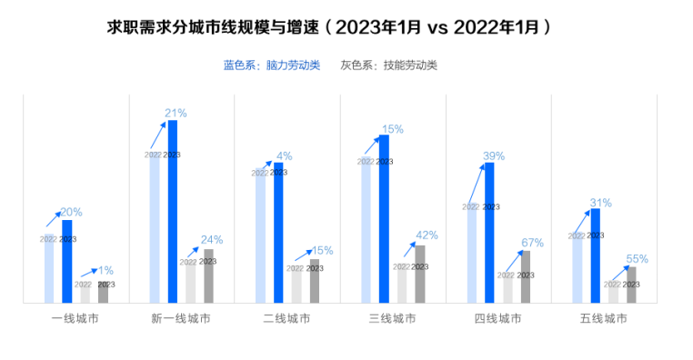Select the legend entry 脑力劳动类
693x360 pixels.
(x=272, y=65)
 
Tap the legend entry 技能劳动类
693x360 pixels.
(x=389, y=65)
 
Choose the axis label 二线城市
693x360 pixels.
(x=286, y=319)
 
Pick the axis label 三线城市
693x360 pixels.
(x=393, y=319)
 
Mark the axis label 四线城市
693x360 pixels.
(x=498, y=319)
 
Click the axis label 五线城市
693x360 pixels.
(x=604, y=319)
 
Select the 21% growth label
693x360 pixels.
(x=176, y=114)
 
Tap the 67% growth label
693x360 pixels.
(x=532, y=243)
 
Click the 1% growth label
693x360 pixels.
(x=105, y=270)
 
